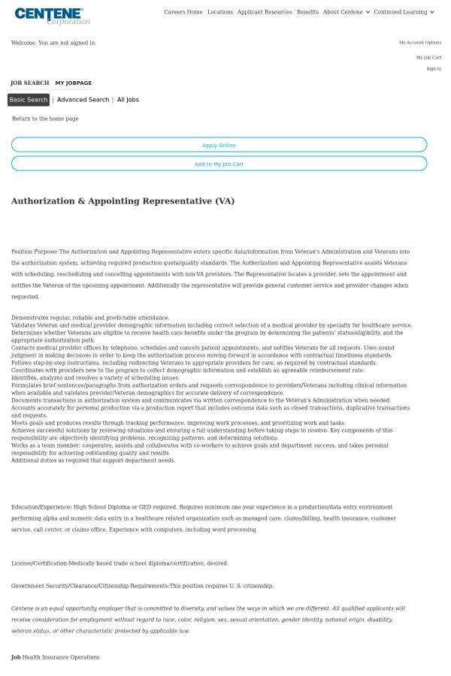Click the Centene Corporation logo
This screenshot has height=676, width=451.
(51, 16)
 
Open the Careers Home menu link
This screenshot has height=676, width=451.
(183, 12)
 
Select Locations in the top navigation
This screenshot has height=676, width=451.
(220, 12)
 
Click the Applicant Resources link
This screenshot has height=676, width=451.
(265, 12)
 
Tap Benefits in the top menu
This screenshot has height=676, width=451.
(307, 12)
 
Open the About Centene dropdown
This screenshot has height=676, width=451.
(346, 12)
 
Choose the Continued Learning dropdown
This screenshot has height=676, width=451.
(404, 12)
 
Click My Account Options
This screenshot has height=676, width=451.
(420, 43)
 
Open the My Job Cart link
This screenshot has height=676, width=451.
(428, 57)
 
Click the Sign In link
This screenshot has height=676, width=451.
(434, 68)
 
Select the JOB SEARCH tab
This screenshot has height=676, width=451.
(30, 83)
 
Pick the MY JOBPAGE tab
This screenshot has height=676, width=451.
(74, 83)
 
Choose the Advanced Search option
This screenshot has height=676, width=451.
(83, 100)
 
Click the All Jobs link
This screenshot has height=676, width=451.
(128, 100)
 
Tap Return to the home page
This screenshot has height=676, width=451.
(45, 119)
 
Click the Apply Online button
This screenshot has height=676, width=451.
(219, 145)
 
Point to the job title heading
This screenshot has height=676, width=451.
(123, 201)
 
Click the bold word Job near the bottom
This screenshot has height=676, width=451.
(16, 657)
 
